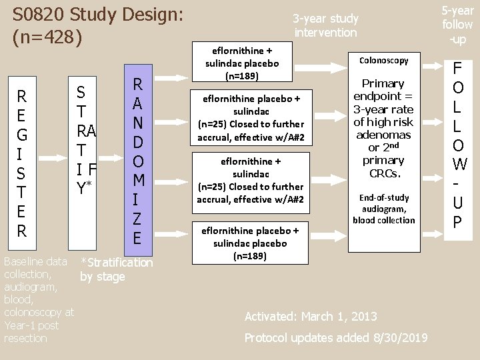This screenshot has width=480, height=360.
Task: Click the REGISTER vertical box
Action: pos(22,164)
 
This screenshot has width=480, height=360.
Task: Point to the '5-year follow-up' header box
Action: pos(458,25)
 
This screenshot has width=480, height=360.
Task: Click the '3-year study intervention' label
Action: pos(325,25)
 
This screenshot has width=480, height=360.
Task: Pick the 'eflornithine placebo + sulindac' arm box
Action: pos(251,117)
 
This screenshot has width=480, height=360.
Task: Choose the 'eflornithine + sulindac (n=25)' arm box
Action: pos(251,180)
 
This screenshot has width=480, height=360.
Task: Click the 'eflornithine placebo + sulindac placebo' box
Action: pos(251,243)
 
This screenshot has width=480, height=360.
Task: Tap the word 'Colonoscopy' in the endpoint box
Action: pos(383,61)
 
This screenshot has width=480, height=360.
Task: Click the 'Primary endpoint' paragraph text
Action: pos(383,128)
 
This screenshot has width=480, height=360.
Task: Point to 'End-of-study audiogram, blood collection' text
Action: pos(383,209)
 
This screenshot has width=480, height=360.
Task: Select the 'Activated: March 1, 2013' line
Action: pos(311,316)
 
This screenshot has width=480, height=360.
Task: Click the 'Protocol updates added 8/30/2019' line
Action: pos(336,337)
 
